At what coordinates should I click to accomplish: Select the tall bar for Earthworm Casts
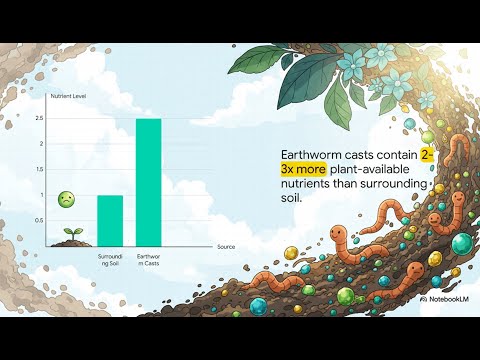(148, 182)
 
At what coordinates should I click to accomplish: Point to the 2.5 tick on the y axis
(66, 119)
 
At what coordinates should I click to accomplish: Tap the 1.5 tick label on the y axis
(66, 169)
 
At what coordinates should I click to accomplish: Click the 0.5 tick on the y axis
(66, 220)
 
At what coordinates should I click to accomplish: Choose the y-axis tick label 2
(68, 144)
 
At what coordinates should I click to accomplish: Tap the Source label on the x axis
(228, 246)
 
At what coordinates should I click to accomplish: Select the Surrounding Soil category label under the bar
(109, 262)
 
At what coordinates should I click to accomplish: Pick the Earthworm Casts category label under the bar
(148, 262)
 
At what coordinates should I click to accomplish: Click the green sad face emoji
(66, 200)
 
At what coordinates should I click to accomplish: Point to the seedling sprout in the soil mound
(73, 235)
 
